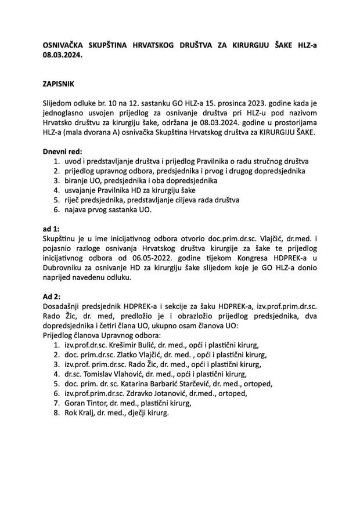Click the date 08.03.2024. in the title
63,56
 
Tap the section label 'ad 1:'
51,229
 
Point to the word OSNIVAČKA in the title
67,45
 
